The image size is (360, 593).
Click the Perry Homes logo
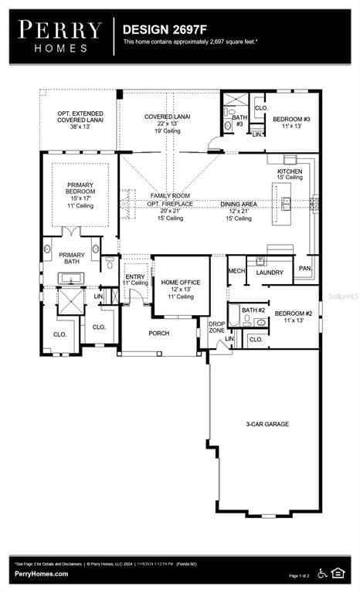click(60, 36)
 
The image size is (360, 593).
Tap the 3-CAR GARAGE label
click(267, 424)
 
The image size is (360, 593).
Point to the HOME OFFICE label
click(180, 283)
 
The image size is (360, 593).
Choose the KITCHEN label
click(290, 171)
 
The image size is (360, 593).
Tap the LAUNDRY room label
click(270, 273)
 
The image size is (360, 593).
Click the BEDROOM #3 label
click(292, 120)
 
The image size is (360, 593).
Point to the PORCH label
click(158, 334)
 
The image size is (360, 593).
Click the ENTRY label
click(134, 276)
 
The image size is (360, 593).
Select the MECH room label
click(236, 272)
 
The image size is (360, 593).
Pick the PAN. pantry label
click(305, 269)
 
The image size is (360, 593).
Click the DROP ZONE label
click(216, 327)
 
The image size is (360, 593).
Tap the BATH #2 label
click(253, 310)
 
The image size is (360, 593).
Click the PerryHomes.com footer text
click(41, 574)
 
